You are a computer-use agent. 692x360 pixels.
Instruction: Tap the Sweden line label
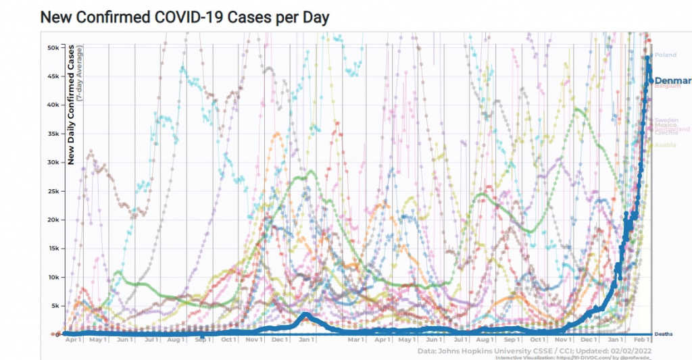click(x=666, y=120)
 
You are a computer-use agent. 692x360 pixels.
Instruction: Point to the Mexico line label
click(x=665, y=126)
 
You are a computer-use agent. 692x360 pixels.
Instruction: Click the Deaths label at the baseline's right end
click(x=664, y=334)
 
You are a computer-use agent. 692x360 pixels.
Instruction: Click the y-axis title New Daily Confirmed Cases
click(x=70, y=105)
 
